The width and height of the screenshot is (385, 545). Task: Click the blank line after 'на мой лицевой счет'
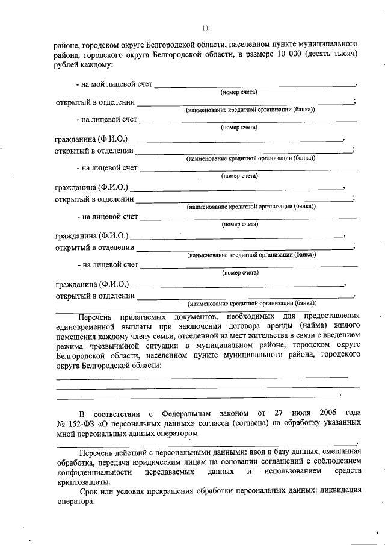click(x=255, y=86)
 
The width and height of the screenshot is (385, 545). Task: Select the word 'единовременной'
click(x=86, y=325)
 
